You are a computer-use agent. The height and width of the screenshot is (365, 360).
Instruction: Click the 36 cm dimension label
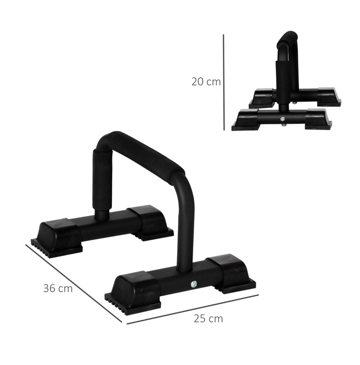click(58, 289)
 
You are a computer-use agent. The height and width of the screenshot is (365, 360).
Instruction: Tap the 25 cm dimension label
click(208, 319)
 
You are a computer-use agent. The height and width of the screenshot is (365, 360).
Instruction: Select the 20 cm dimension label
click(206, 82)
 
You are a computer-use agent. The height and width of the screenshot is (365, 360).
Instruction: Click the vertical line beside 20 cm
click(224, 82)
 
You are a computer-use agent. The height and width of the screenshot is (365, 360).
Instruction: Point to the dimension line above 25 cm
click(192, 309)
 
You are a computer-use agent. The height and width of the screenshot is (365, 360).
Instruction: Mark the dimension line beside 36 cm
click(73, 283)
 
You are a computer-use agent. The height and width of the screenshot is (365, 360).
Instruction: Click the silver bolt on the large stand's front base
click(193, 284)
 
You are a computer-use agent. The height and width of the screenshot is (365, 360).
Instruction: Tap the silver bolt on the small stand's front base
click(282, 119)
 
